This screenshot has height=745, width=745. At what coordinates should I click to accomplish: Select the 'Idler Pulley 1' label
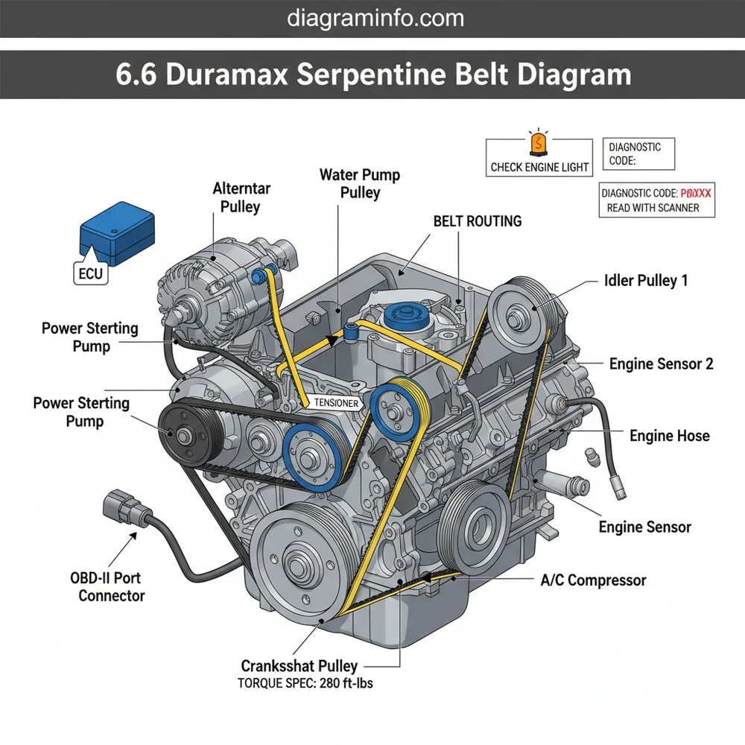point(645,281)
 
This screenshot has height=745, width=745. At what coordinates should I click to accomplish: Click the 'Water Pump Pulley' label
point(360,184)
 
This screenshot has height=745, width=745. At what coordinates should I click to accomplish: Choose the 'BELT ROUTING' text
point(477,221)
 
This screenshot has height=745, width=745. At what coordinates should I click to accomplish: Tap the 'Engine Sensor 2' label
point(661,364)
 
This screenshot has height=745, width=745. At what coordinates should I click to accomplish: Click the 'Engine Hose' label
point(670,435)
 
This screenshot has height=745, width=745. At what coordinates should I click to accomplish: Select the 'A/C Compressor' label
point(593,580)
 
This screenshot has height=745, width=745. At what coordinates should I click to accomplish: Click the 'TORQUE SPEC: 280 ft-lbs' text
point(305,682)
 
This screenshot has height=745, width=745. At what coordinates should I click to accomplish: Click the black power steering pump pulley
point(181,434)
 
